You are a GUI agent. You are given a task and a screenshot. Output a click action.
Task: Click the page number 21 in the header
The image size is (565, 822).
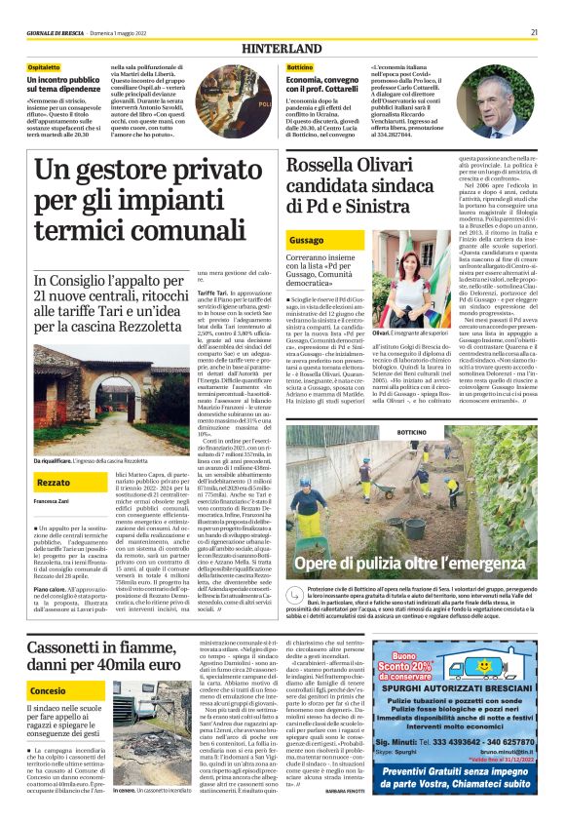pos(534,32)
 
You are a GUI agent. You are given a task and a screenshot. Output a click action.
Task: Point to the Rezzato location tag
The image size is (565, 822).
pos(53,482)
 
